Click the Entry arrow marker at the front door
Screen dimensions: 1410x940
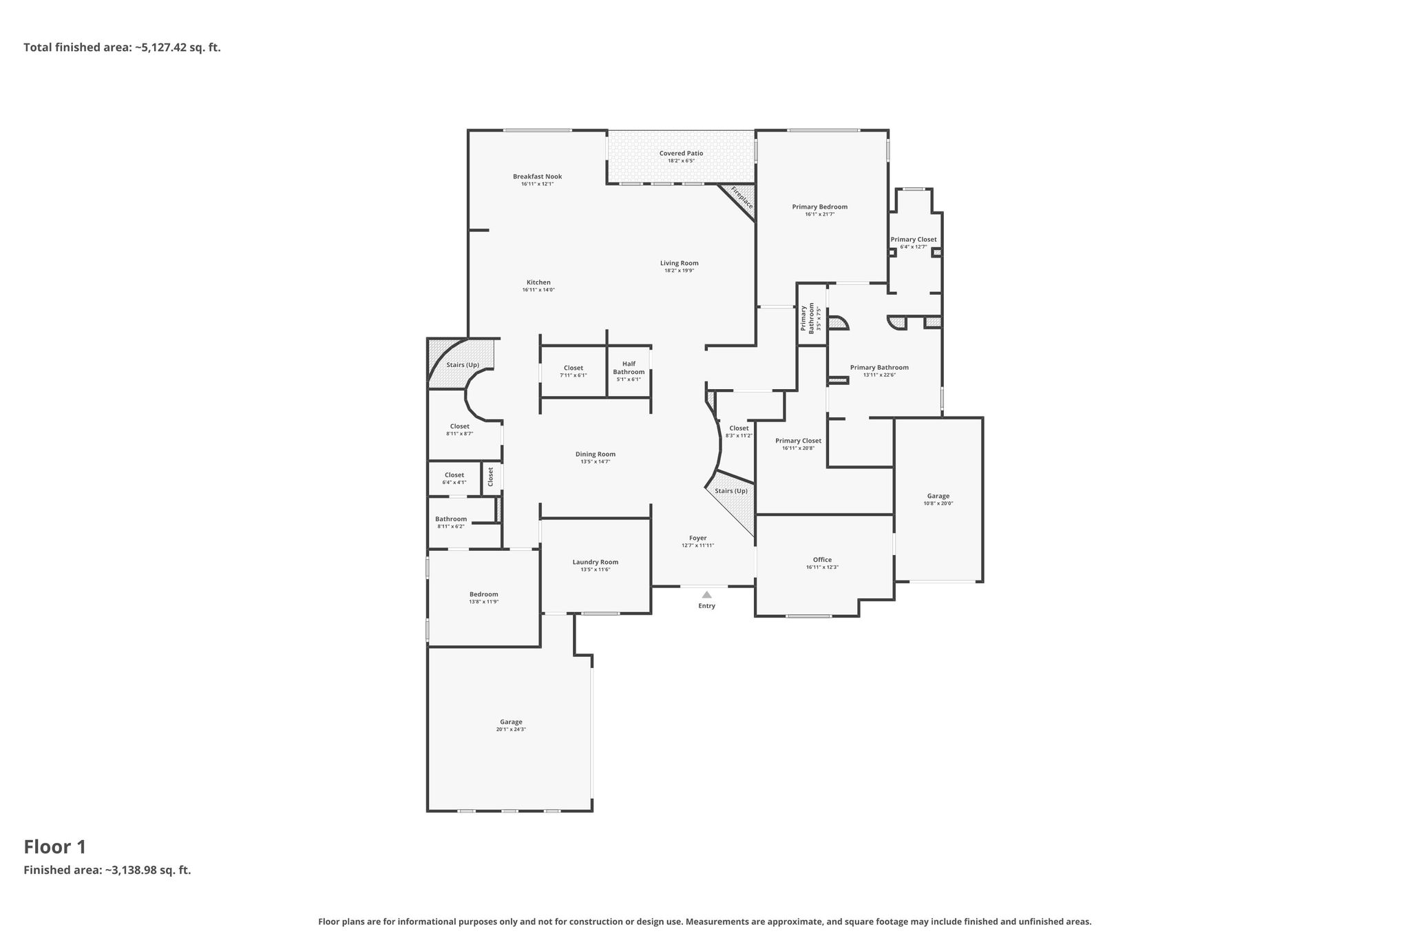(706, 595)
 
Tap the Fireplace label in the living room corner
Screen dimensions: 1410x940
(742, 198)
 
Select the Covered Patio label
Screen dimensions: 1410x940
(681, 154)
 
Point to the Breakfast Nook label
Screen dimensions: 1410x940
(537, 177)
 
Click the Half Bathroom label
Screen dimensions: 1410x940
(629, 368)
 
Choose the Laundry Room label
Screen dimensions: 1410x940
(596, 562)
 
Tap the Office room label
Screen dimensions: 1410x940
(822, 560)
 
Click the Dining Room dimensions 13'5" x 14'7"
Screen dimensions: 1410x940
(596, 461)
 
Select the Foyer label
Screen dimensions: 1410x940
(698, 538)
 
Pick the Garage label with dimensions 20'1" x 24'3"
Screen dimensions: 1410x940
(511, 722)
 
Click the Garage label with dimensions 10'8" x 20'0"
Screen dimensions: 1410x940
(938, 496)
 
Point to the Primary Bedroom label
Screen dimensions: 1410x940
(819, 207)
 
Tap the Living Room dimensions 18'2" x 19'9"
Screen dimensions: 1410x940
(679, 271)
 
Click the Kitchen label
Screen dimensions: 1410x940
(538, 282)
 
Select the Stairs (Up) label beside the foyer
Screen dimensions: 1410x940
(730, 491)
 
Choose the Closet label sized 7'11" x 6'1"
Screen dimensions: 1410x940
(574, 368)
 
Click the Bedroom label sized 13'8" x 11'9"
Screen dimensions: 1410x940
(483, 594)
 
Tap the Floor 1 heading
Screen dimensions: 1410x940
(55, 847)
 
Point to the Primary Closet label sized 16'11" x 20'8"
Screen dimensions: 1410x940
(798, 441)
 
